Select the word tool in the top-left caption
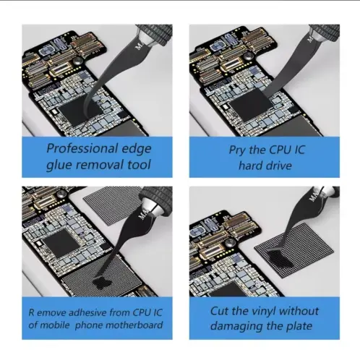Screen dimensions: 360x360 [x=139, y=165]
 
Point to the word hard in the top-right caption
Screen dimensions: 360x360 [x=250, y=166]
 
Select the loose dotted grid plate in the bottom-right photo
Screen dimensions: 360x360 [x=294, y=250]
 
